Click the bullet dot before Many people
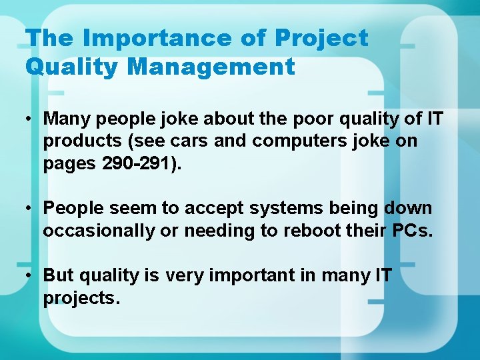31,119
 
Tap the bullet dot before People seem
31,209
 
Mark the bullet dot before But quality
31,275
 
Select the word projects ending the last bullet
81,298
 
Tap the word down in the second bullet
408,209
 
